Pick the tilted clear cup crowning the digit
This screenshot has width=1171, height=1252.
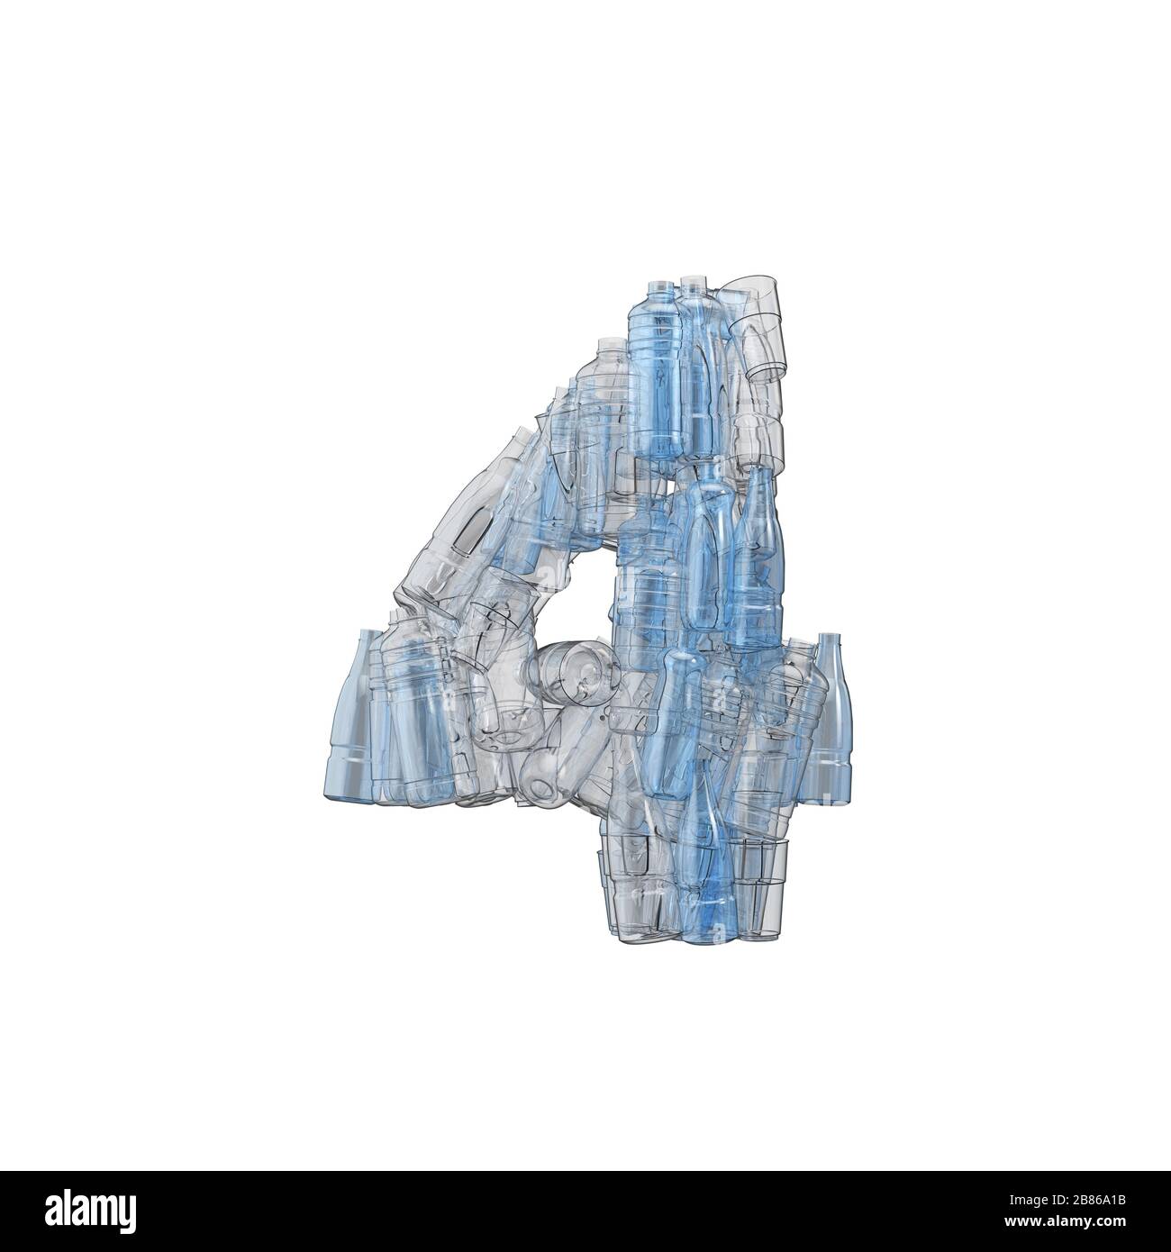point(757,329)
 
